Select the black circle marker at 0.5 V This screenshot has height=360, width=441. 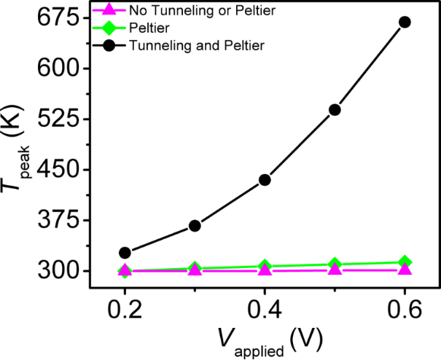click(335, 109)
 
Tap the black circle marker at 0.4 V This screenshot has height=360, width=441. click(265, 179)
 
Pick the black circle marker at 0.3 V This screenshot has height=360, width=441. click(195, 226)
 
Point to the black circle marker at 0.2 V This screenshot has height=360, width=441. click(125, 253)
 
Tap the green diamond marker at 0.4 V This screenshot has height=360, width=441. click(265, 267)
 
